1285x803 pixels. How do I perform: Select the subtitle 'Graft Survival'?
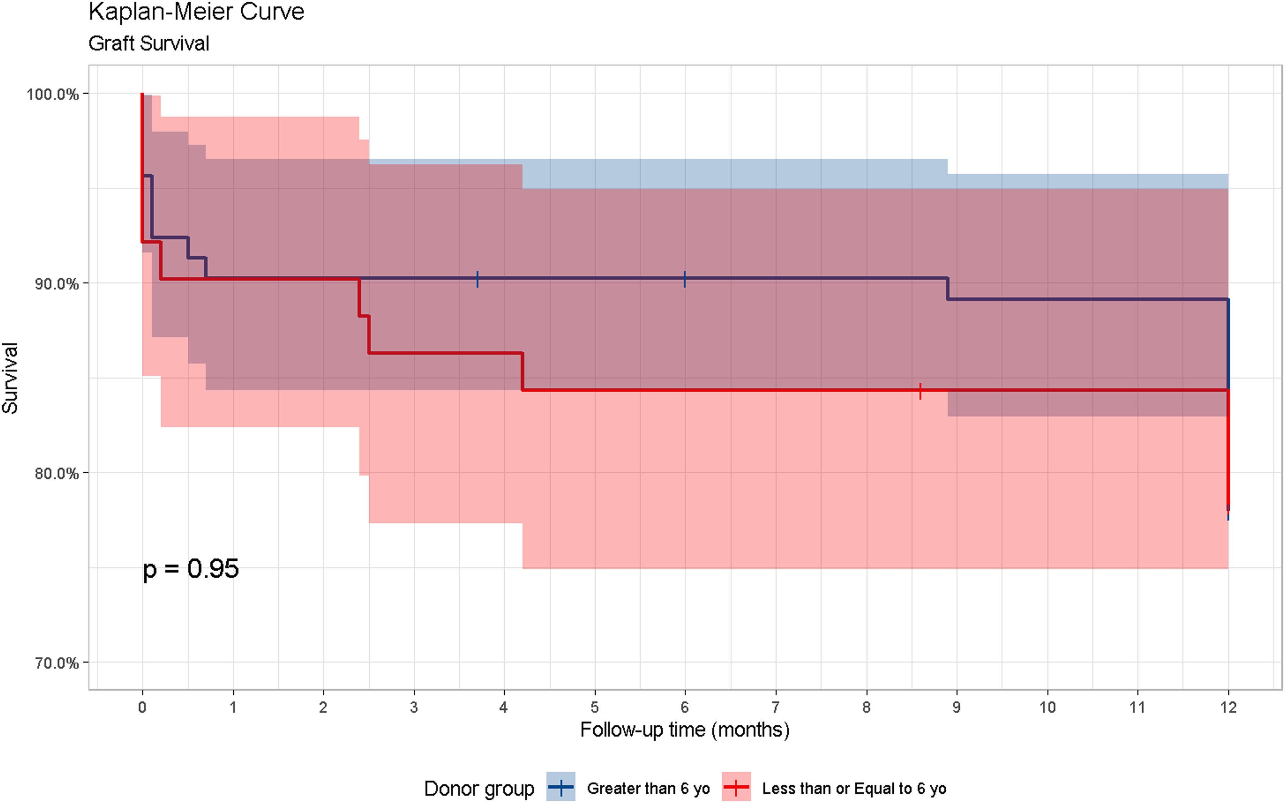click(x=149, y=44)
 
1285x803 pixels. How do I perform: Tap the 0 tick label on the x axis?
click(x=142, y=707)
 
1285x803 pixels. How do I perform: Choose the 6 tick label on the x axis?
click(x=685, y=707)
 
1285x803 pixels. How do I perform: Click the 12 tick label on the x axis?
click(x=1228, y=707)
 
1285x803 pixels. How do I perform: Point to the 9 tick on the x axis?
click(x=956, y=707)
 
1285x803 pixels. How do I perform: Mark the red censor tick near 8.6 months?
click(x=920, y=391)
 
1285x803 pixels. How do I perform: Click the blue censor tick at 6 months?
click(x=685, y=279)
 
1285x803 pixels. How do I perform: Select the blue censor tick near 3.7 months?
click(x=477, y=279)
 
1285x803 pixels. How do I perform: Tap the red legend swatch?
click(x=736, y=787)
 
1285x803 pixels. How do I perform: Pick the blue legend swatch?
click(x=561, y=787)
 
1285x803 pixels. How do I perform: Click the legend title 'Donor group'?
click(x=479, y=789)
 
